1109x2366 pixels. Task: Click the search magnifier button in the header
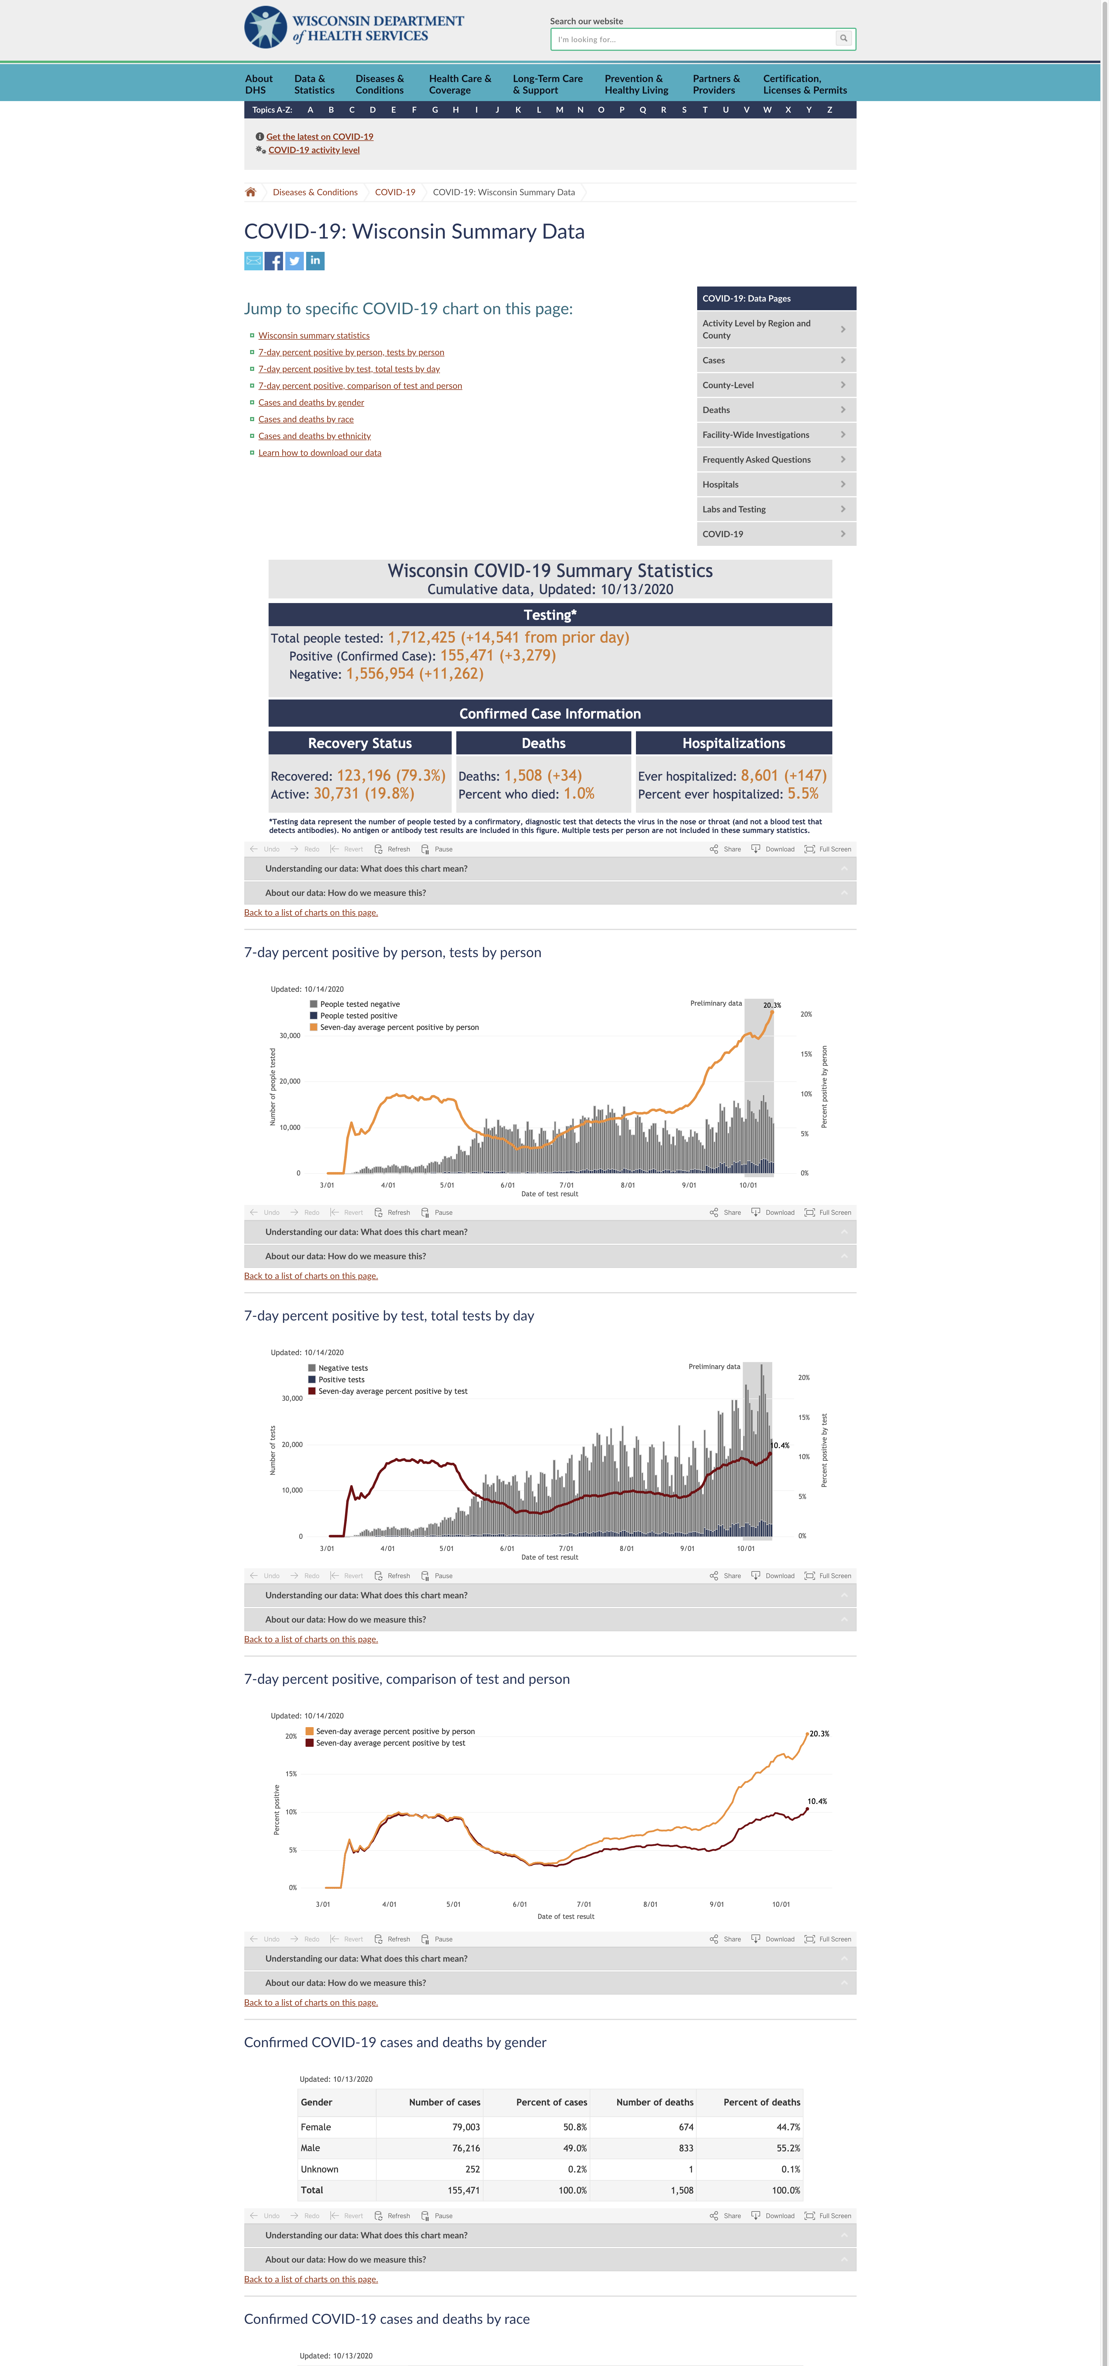(843, 39)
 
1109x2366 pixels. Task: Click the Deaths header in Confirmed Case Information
(544, 743)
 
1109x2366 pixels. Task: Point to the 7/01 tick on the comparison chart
(584, 1904)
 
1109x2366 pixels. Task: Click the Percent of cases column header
(552, 2102)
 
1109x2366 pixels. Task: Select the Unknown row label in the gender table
(319, 2169)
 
